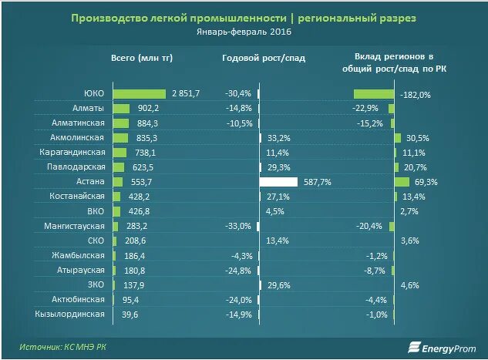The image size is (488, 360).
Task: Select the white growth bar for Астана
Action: tap(278, 182)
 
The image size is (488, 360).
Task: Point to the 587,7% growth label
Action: tap(318, 182)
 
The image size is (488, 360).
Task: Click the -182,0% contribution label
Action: tap(416, 94)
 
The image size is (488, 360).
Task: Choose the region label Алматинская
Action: tap(79, 123)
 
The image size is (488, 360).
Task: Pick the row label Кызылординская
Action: tap(69, 314)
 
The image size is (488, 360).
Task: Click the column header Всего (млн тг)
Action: tap(141, 58)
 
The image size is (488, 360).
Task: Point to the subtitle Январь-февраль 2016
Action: tap(244, 33)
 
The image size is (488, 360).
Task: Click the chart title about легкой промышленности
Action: tap(244, 17)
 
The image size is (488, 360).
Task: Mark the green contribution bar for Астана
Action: tap(402, 182)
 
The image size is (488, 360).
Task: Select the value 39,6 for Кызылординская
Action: tap(128, 314)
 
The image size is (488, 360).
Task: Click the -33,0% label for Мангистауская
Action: tap(238, 226)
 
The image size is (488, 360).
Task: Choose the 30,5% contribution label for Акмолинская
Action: tap(417, 138)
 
